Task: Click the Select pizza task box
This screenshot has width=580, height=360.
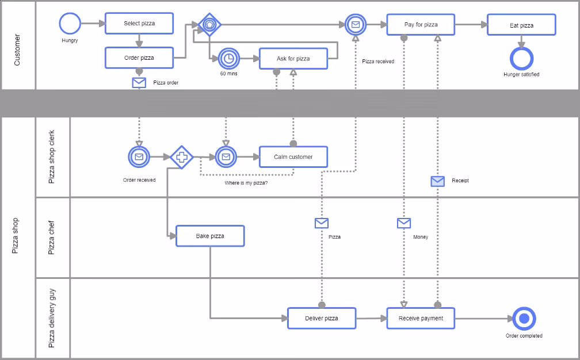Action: (x=139, y=24)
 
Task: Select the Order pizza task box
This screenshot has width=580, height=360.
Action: (x=139, y=58)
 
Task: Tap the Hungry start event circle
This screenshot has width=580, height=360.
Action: (x=70, y=24)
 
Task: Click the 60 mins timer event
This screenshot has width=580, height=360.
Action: (x=228, y=58)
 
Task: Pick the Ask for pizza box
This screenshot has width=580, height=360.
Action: (x=293, y=59)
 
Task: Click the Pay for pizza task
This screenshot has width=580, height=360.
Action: (x=421, y=25)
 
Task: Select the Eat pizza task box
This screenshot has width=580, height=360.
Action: (x=521, y=25)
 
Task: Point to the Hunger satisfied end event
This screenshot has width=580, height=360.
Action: (x=521, y=58)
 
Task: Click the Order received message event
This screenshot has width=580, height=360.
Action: (x=139, y=156)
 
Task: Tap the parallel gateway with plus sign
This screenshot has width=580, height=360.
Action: (x=181, y=156)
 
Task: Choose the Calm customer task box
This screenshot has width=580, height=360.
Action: (x=293, y=157)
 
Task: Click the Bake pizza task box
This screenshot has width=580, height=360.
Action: (x=210, y=236)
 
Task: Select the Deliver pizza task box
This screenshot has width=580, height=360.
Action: (x=322, y=318)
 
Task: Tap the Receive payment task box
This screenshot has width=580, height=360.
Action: (x=421, y=318)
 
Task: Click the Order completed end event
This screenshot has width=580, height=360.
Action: (x=524, y=319)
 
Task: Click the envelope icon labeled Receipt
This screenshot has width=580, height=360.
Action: (x=438, y=181)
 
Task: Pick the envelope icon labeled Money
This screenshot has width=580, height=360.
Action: (x=404, y=223)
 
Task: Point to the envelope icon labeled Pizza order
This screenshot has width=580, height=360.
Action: (x=139, y=83)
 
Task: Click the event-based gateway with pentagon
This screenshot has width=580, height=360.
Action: (x=209, y=25)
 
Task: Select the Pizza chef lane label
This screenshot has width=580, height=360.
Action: (x=52, y=238)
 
